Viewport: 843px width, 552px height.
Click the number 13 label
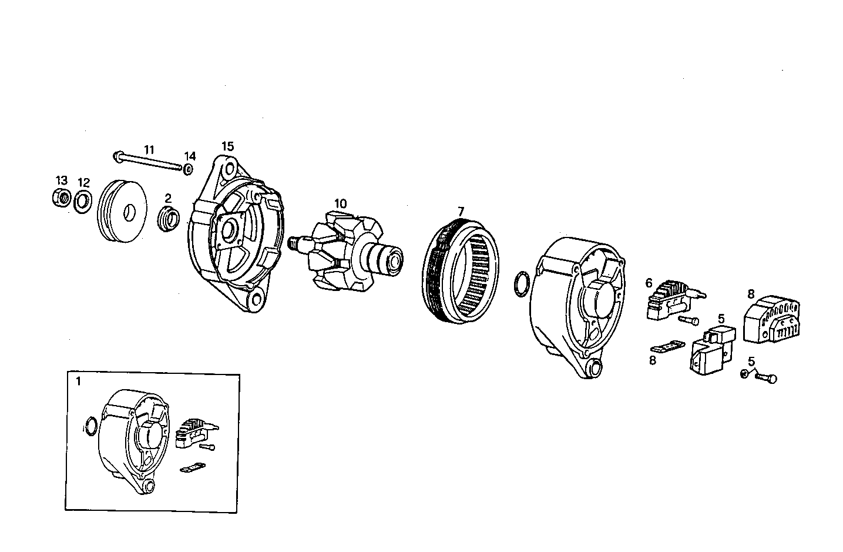pyautogui.click(x=62, y=180)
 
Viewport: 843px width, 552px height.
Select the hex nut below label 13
pyautogui.click(x=61, y=197)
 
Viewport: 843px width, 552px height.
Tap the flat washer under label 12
pyautogui.click(x=83, y=202)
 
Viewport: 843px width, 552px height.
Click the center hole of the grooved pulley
pyautogui.click(x=126, y=211)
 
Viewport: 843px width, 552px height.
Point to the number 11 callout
pyautogui.click(x=149, y=149)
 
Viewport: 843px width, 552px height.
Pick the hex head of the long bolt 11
pyautogui.click(x=117, y=156)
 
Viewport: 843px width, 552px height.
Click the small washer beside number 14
pyautogui.click(x=187, y=170)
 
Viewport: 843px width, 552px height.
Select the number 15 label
pyautogui.click(x=227, y=146)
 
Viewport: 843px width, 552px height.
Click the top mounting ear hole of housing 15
pyautogui.click(x=229, y=170)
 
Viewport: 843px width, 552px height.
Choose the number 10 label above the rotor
pyautogui.click(x=340, y=204)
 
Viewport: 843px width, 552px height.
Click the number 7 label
pyautogui.click(x=461, y=210)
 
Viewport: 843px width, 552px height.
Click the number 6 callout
pyautogui.click(x=649, y=283)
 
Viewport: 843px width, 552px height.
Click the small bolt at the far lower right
pyautogui.click(x=767, y=378)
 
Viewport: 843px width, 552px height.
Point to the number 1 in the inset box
pyautogui.click(x=79, y=381)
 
